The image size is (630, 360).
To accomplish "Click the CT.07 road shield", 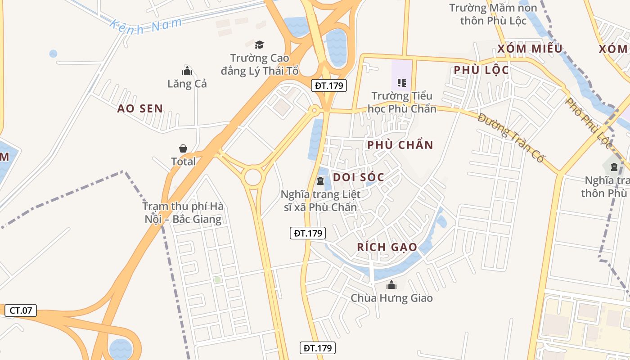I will click(x=21, y=310).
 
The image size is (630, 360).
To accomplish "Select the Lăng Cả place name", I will click(x=187, y=84).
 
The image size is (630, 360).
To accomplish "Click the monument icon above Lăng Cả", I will click(x=187, y=71).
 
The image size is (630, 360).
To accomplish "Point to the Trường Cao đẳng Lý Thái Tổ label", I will click(x=260, y=64).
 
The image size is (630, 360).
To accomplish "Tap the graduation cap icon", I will click(x=259, y=45).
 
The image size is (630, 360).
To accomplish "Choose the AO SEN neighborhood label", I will click(x=140, y=108).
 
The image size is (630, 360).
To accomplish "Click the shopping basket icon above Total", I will click(x=183, y=148).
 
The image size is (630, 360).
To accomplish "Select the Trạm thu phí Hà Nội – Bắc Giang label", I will click(x=183, y=213).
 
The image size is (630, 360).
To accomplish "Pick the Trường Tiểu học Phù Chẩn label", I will click(x=402, y=102).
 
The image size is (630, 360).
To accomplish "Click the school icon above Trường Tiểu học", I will click(x=402, y=83).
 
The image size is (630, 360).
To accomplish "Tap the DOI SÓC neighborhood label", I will click(x=359, y=177).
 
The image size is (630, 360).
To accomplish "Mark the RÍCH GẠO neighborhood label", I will click(x=387, y=247).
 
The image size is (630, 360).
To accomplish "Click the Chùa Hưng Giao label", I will click(x=391, y=298).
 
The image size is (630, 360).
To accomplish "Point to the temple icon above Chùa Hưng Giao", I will click(x=391, y=285).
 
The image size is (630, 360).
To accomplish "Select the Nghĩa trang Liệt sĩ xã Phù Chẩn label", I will click(x=320, y=201).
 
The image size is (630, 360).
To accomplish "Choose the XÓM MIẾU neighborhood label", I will click(x=530, y=49).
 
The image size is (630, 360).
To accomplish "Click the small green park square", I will click(x=217, y=280).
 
